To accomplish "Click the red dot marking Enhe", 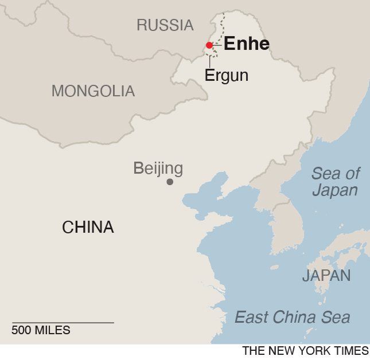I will [209, 45].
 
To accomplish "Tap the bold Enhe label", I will [246, 44].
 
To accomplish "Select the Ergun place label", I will [226, 75].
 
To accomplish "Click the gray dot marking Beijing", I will [170, 182].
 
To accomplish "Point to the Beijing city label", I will [158, 168].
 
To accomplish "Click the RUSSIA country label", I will [165, 25].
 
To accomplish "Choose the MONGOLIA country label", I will [93, 91].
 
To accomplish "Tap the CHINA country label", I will [88, 228].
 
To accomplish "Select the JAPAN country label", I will [326, 276].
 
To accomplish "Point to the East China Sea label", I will [293, 317].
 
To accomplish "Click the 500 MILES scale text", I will [41, 330].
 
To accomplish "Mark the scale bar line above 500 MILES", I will [63, 323].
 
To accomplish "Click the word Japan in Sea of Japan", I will [335, 190].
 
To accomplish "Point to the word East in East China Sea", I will [253, 317].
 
